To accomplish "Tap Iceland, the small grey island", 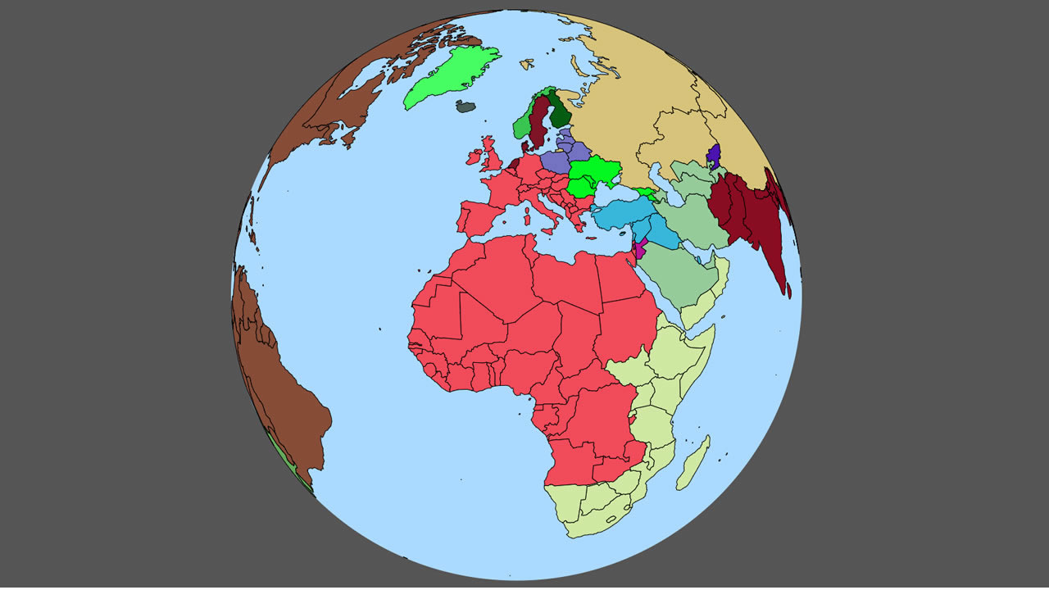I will coord(467,106).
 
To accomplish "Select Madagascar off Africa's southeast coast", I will coord(693,464).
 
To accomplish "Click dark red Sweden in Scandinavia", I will coord(538,123).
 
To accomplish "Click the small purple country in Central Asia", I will coord(714,156).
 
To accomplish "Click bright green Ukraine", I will coord(594,171).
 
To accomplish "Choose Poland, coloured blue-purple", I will coord(555,161).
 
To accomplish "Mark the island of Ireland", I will coord(474,157).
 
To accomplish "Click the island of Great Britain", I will coord(493,158).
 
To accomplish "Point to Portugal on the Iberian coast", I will coord(461,220).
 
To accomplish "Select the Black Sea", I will coord(615,193).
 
